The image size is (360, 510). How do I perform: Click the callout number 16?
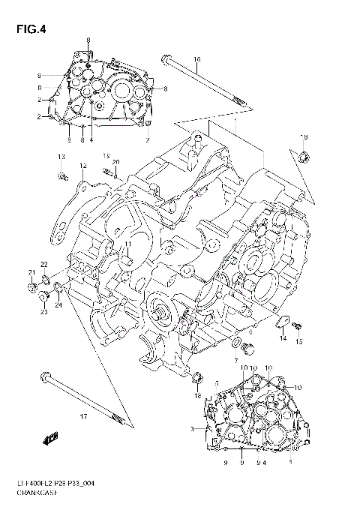point(197,59)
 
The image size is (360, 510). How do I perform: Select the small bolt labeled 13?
point(60,177)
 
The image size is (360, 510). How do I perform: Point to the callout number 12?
point(84,166)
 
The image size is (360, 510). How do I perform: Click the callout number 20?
point(116,163)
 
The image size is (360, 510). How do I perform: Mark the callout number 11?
point(128,244)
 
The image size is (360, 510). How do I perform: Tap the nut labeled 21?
point(31,287)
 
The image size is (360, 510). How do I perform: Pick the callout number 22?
point(44,264)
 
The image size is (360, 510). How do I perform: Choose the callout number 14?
point(283,339)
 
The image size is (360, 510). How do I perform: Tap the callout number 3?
point(193,429)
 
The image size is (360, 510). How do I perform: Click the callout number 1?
point(290,463)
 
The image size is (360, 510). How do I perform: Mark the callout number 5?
point(217,382)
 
